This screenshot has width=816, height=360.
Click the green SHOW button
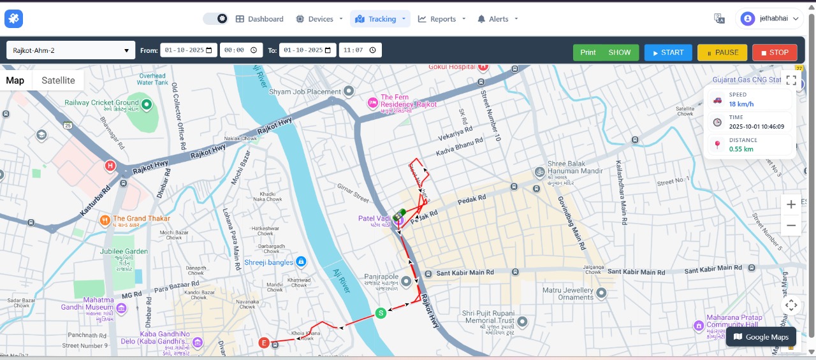click(619, 52)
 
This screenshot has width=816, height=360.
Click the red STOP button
click(775, 52)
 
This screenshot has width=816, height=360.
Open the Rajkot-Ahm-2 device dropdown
click(71, 50)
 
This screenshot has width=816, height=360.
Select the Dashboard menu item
click(259, 19)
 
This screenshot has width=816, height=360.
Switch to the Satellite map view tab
click(58, 80)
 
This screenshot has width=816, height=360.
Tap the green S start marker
click(381, 313)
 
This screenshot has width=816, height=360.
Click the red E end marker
click(264, 343)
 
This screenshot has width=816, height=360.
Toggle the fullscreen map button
click(791, 80)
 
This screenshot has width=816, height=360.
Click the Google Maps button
click(761, 337)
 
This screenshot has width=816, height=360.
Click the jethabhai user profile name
click(773, 18)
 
